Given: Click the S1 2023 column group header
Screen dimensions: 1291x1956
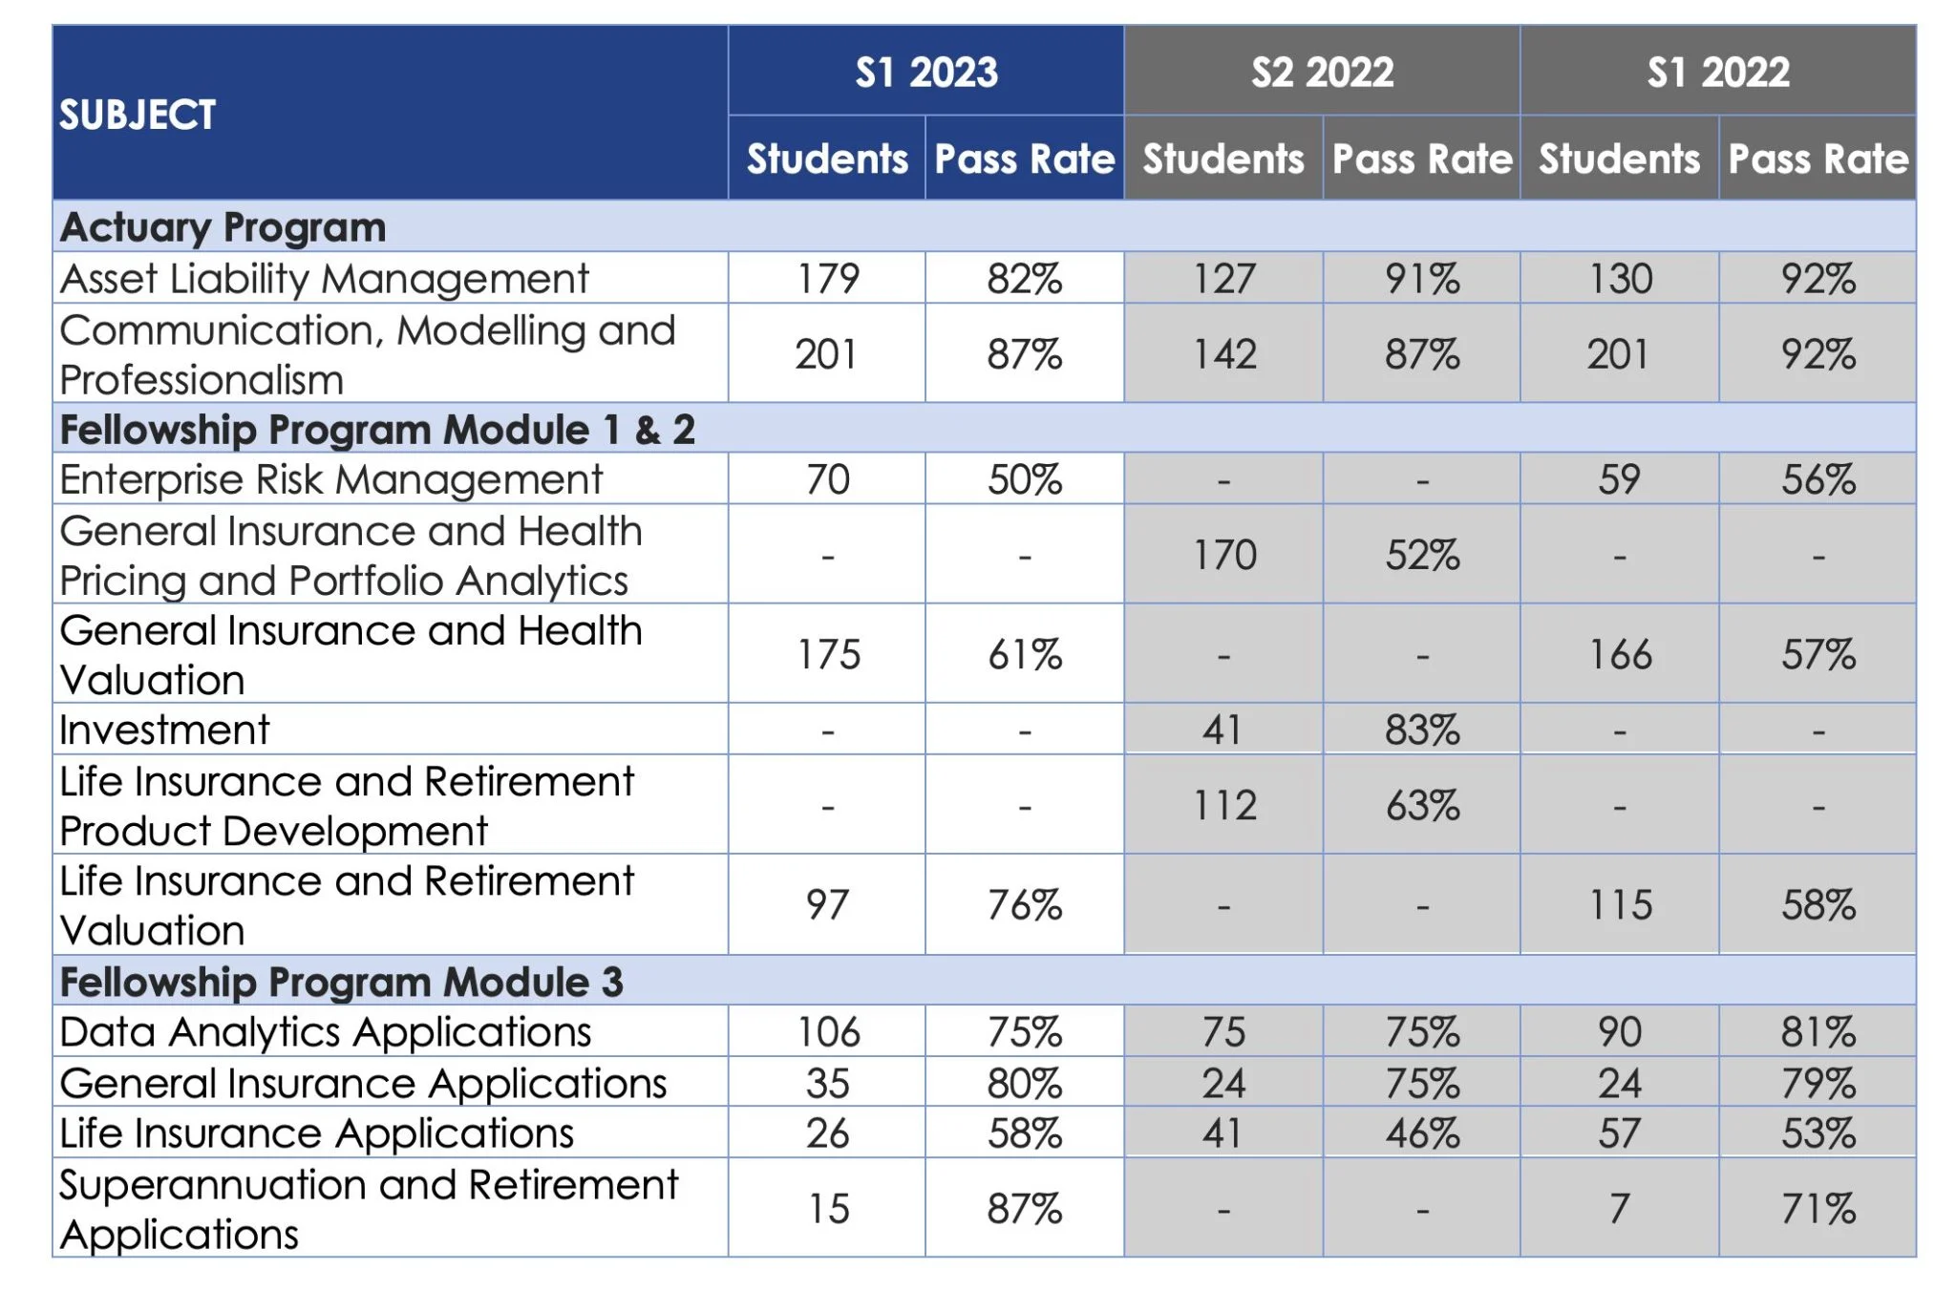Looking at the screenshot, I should tap(925, 73).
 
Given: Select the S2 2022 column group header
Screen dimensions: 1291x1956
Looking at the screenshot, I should tap(1322, 73).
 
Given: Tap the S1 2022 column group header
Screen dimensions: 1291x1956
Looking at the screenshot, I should tap(1717, 73).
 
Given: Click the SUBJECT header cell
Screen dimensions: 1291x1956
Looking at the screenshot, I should tap(138, 115).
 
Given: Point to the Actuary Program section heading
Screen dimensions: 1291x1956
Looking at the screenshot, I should tap(223, 227).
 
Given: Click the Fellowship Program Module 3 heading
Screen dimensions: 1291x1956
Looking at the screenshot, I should tap(341, 982).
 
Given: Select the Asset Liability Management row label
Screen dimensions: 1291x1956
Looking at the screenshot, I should tap(324, 279).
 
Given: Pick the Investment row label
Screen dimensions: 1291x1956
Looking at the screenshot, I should tap(164, 730).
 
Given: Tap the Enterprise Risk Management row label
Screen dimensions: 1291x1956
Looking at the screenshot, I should tap(330, 479).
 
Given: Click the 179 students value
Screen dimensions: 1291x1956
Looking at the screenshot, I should tap(828, 279).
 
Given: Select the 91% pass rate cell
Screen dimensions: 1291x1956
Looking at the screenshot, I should tap(1422, 279).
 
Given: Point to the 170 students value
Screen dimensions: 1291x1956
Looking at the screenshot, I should tap(1224, 555).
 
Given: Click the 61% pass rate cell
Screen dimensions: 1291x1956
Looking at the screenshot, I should tap(1025, 655).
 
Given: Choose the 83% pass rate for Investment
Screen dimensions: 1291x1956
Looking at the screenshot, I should tap(1422, 730).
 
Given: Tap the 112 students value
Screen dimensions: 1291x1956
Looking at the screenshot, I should tap(1224, 806).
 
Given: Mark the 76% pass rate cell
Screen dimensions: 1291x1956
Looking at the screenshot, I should tap(1025, 905).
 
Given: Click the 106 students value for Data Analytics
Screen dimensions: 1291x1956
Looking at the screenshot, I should tap(828, 1032).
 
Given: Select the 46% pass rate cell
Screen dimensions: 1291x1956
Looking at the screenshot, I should tap(1422, 1133).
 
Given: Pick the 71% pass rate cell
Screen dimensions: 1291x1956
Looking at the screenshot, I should tap(1818, 1209).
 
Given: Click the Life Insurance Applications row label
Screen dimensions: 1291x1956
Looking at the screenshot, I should tap(316, 1133).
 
